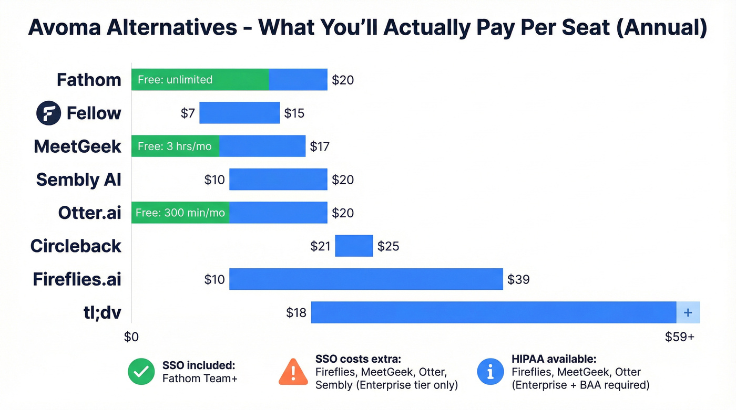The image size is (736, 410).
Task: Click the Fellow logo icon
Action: click(x=48, y=113)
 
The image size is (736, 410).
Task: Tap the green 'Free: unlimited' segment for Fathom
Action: click(x=200, y=80)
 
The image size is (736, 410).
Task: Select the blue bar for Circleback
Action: click(x=354, y=246)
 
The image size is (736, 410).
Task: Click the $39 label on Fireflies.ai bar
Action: click(x=518, y=279)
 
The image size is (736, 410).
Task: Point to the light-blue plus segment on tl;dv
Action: click(x=688, y=312)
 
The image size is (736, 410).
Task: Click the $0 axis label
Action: click(x=131, y=337)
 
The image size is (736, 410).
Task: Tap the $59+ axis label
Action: click(x=680, y=337)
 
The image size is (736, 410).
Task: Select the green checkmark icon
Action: click(x=141, y=372)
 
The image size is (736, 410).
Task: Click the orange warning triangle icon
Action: click(x=293, y=372)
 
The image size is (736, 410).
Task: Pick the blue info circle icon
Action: click(x=490, y=372)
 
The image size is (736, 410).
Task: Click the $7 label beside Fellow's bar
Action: click(x=188, y=113)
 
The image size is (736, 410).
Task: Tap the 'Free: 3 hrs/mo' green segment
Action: click(x=175, y=146)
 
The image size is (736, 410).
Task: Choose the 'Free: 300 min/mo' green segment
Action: click(x=180, y=213)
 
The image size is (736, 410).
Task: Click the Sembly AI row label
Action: click(x=78, y=180)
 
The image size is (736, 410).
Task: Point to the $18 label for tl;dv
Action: click(x=296, y=312)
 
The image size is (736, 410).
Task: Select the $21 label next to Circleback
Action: click(x=320, y=246)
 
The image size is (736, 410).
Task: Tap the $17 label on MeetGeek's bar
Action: click(x=320, y=146)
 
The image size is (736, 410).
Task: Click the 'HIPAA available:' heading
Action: click(x=554, y=359)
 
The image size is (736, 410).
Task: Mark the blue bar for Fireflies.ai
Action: click(x=366, y=279)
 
